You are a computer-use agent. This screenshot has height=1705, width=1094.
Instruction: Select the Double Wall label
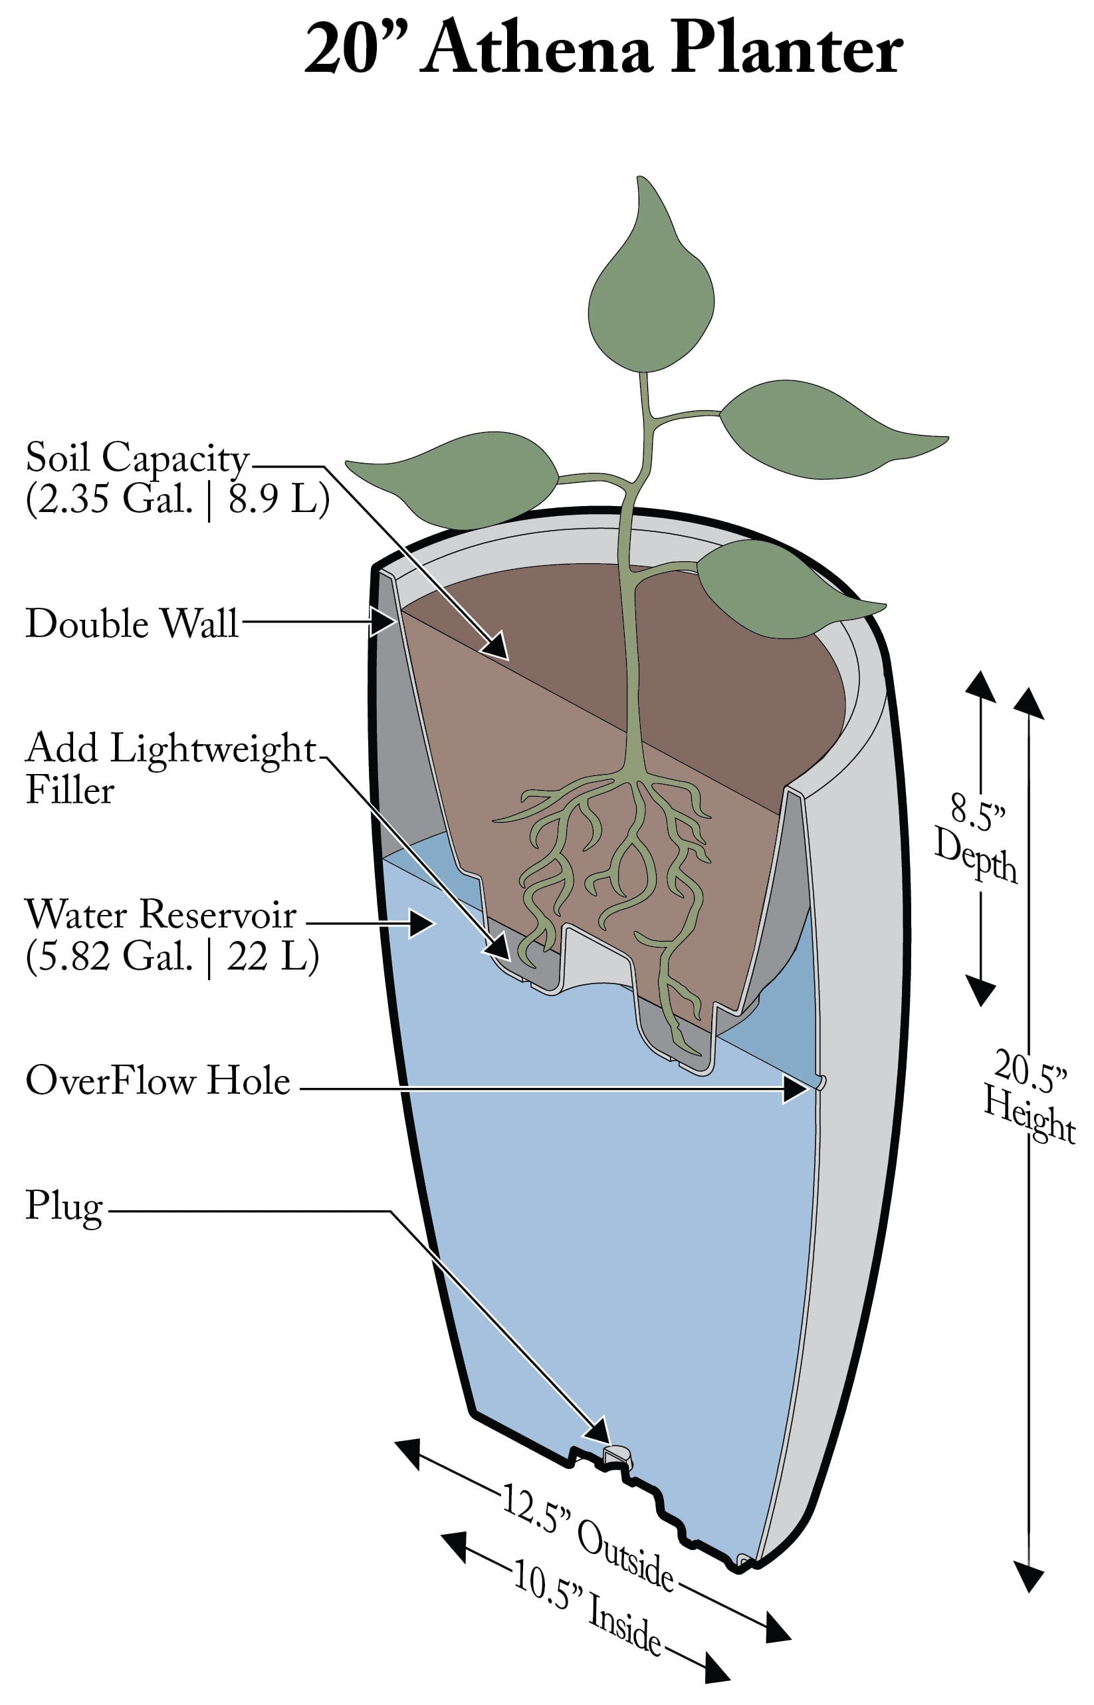[x=132, y=623]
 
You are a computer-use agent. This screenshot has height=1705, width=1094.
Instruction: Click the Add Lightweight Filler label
[x=171, y=767]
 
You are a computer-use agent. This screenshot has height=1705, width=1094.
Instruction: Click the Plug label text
[x=64, y=1206]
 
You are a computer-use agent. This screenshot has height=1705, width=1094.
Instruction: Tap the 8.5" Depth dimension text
[x=976, y=843]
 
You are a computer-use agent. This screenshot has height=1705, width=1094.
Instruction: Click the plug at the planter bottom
[x=617, y=1454]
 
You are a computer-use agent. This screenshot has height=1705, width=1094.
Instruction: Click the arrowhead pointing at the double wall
[x=383, y=622]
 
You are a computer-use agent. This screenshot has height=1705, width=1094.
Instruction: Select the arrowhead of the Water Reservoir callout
[x=421, y=924]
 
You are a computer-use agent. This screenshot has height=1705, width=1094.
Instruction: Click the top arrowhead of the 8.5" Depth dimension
[x=980, y=686]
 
